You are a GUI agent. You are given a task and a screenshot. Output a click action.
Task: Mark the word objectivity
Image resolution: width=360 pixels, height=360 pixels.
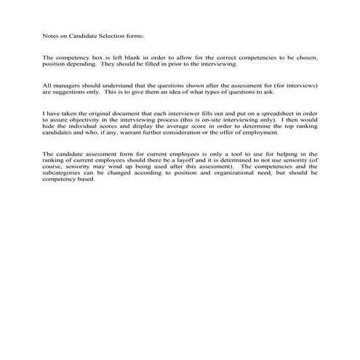click(x=87, y=121)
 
